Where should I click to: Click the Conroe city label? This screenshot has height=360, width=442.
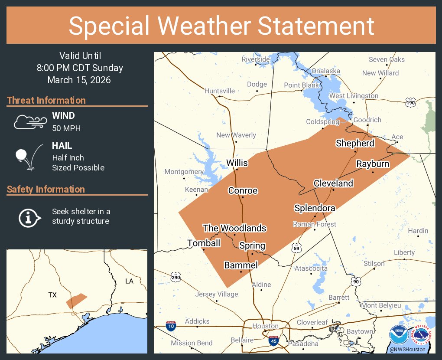(243, 191)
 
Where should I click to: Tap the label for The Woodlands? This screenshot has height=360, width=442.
(234, 228)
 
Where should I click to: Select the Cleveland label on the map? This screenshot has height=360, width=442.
(333, 183)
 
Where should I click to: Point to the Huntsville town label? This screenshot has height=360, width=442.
(220, 91)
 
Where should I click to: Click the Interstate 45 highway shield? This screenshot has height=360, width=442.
(273, 340)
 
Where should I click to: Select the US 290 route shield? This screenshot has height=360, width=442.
(175, 277)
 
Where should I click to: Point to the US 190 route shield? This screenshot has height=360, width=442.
(411, 102)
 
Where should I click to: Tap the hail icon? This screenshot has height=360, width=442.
(29, 157)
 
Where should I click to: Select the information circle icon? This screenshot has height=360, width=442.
(29, 217)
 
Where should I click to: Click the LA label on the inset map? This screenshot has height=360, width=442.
(129, 281)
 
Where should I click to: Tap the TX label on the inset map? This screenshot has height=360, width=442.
(52, 295)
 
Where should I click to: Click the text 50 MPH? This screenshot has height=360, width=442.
(66, 128)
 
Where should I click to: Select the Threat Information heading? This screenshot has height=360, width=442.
(46, 100)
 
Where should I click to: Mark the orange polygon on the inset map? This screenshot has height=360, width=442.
(76, 301)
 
